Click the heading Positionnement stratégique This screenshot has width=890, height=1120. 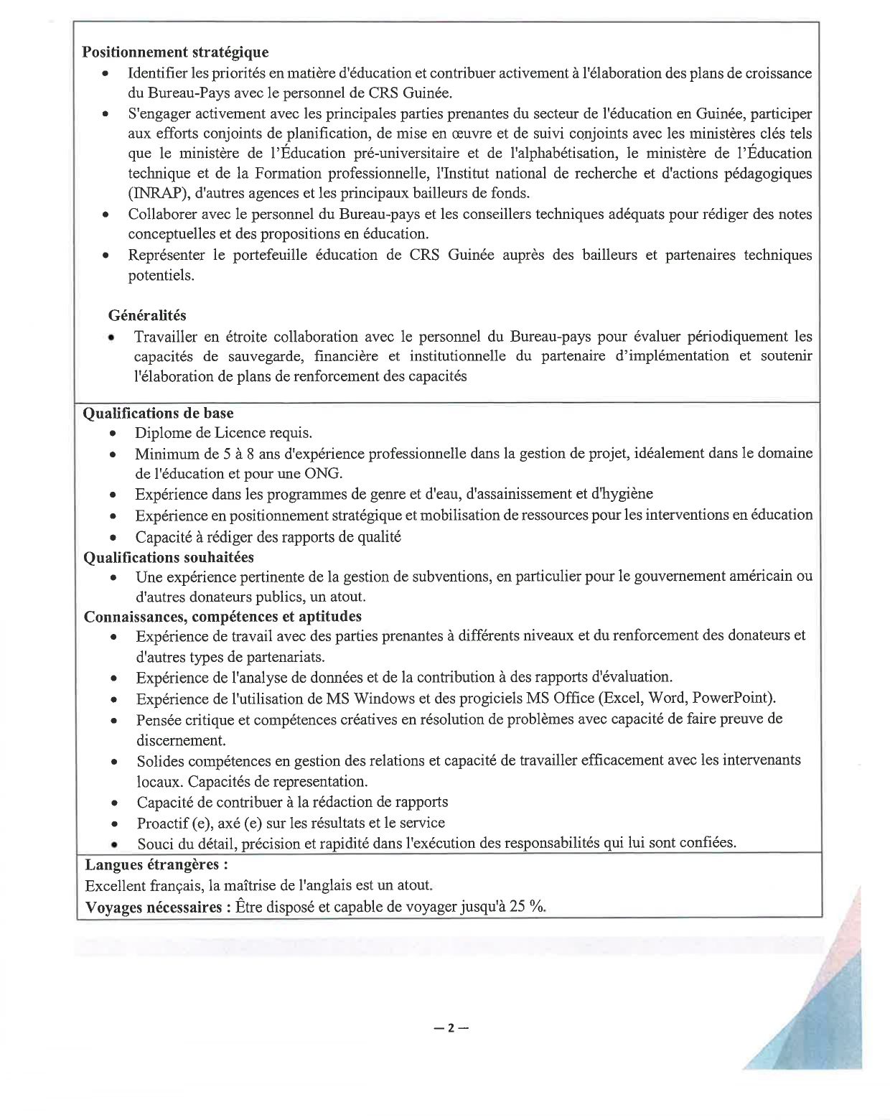click(175, 52)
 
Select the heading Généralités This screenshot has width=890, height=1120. click(147, 315)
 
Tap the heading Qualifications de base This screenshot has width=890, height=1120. click(159, 413)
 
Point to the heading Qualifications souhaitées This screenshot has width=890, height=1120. click(169, 557)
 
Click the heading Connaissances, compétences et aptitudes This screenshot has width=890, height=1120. click(222, 616)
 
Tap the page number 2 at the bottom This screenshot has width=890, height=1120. click(451, 1027)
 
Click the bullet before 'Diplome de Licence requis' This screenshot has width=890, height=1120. click(113, 434)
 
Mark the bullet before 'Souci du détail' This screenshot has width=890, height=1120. click(114, 844)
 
